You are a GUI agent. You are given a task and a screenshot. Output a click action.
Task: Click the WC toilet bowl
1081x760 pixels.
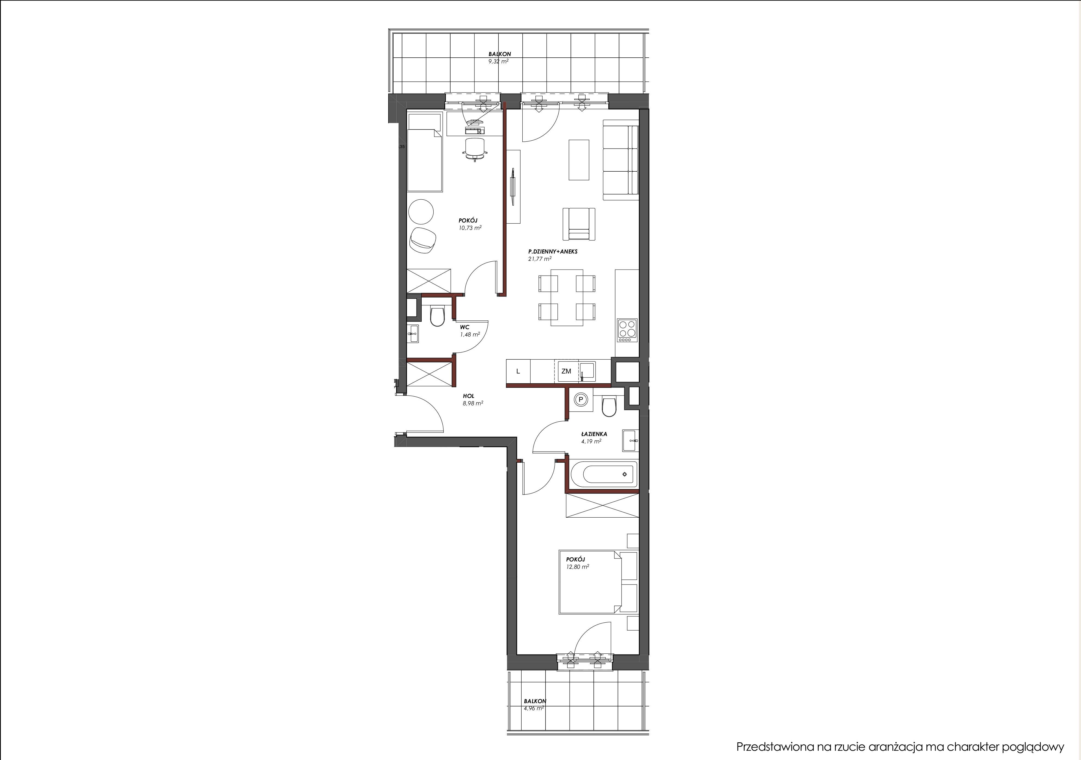pyautogui.click(x=108, y=317)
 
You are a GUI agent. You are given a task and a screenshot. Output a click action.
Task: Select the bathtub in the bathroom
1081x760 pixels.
pyautogui.click(x=604, y=474)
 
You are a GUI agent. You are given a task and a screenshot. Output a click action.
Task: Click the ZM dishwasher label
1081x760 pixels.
pyautogui.click(x=566, y=371)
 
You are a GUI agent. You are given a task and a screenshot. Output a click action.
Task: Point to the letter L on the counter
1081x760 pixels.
pyautogui.click(x=518, y=371)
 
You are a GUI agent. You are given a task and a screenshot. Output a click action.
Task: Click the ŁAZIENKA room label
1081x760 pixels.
pyautogui.click(x=594, y=434)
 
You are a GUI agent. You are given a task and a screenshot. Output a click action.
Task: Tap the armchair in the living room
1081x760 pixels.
pyautogui.click(x=579, y=224)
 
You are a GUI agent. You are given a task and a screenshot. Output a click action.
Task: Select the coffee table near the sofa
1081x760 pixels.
pyautogui.click(x=579, y=159)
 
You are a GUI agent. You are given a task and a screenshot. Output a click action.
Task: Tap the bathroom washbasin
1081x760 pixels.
pyautogui.click(x=630, y=440)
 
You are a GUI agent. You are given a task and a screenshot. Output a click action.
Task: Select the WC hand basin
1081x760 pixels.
pyautogui.click(x=83, y=334)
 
